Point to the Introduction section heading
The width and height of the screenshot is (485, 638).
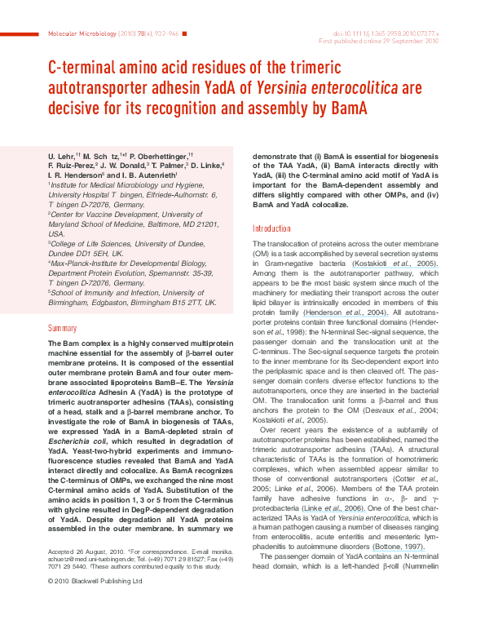click(x=271, y=228)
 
